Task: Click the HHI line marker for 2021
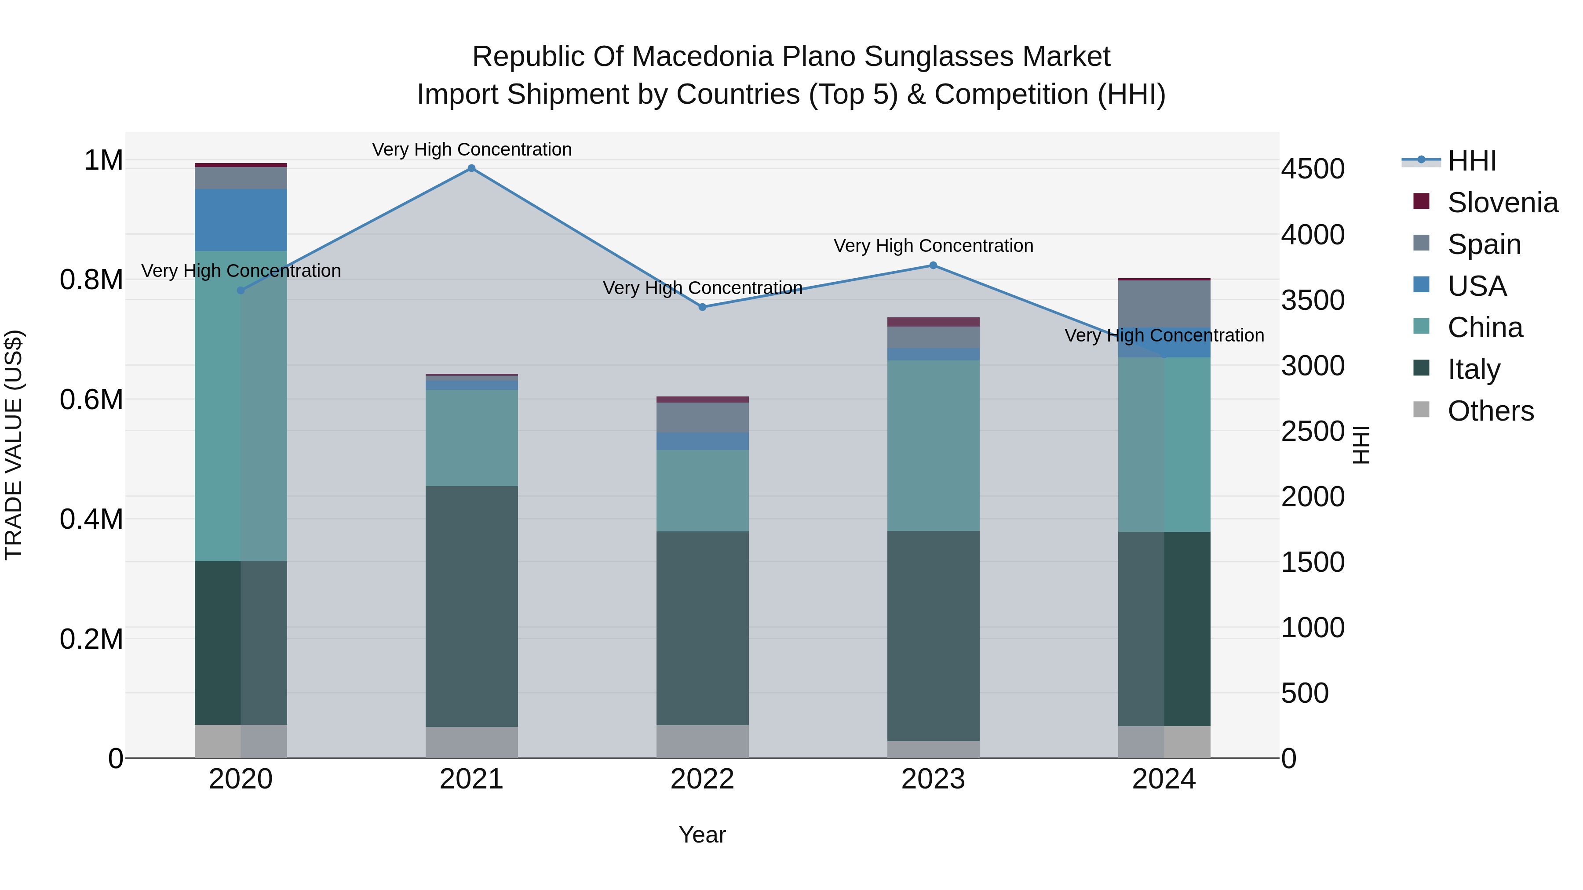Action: (471, 168)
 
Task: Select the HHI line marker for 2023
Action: (933, 265)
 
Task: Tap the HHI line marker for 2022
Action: (702, 307)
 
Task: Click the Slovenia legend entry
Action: (1502, 203)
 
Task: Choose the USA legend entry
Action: (1476, 286)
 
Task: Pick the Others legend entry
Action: (1490, 411)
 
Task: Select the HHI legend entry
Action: (1471, 161)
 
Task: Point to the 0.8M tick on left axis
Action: (91, 280)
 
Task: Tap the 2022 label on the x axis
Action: (702, 779)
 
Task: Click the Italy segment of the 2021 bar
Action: (471, 606)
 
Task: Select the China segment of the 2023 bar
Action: (933, 445)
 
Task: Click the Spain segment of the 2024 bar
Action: (1164, 303)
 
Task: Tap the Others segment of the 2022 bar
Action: (702, 741)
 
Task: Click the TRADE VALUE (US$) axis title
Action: (14, 445)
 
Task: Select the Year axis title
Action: (702, 835)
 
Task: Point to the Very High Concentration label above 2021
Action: (471, 149)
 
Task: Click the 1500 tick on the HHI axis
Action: (1313, 563)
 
